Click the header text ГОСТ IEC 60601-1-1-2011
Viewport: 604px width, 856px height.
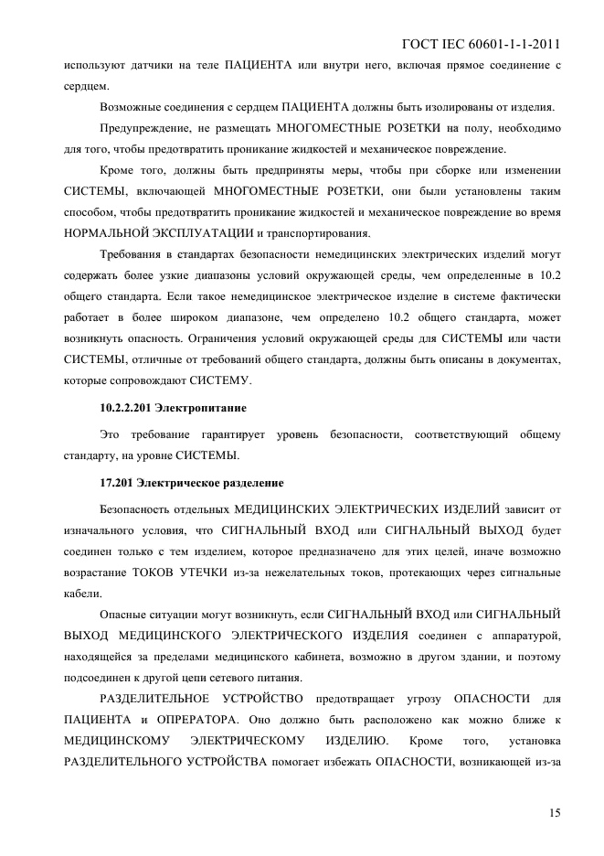tap(482, 43)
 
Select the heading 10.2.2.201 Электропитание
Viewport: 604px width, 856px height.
tap(173, 404)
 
